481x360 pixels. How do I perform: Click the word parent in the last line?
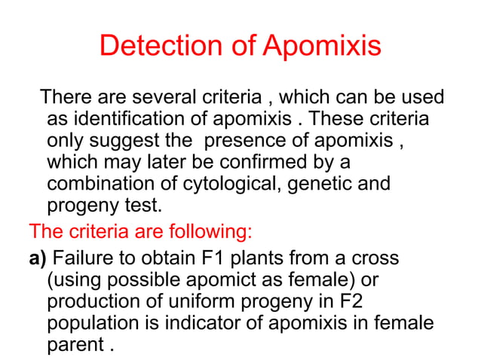[x=74, y=345]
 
